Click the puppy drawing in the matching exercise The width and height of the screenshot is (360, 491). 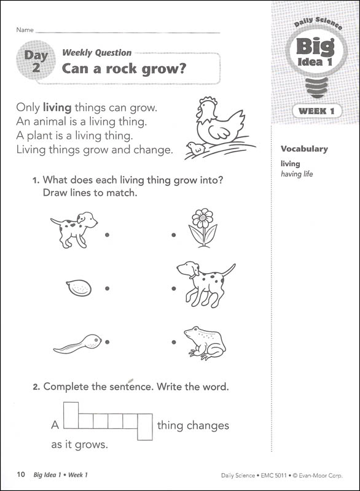pos(75,229)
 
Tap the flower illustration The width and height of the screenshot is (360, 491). pos(202,227)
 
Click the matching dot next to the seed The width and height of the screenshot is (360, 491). pos(107,288)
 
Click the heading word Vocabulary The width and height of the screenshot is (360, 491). pos(304,149)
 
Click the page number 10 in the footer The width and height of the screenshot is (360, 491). pos(21,474)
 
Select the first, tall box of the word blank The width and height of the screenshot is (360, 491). pos(71,417)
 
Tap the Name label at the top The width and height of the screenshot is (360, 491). pos(25,29)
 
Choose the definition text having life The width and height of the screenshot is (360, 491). pos(297,174)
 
